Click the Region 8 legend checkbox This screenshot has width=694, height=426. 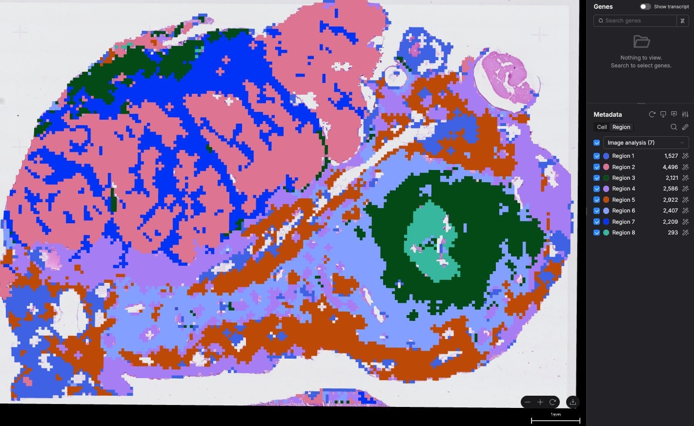tap(596, 233)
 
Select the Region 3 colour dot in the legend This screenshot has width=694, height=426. tap(606, 178)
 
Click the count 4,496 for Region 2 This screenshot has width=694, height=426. tap(670, 167)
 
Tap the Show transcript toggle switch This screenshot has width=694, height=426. tap(645, 7)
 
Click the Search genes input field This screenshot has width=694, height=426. tap(634, 21)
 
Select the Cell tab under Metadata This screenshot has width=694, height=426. tap(602, 127)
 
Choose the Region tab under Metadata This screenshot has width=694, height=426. tap(621, 127)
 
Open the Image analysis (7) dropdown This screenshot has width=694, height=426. tap(646, 143)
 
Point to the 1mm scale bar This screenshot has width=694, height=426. tap(555, 420)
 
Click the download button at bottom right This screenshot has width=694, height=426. tap(572, 402)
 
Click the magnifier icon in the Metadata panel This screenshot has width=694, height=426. tap(674, 127)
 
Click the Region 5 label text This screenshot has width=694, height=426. tap(623, 200)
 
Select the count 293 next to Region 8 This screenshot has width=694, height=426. tap(673, 233)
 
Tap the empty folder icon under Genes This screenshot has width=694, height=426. tap(641, 42)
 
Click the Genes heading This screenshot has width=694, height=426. tap(603, 6)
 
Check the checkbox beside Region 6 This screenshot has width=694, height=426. tap(596, 211)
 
